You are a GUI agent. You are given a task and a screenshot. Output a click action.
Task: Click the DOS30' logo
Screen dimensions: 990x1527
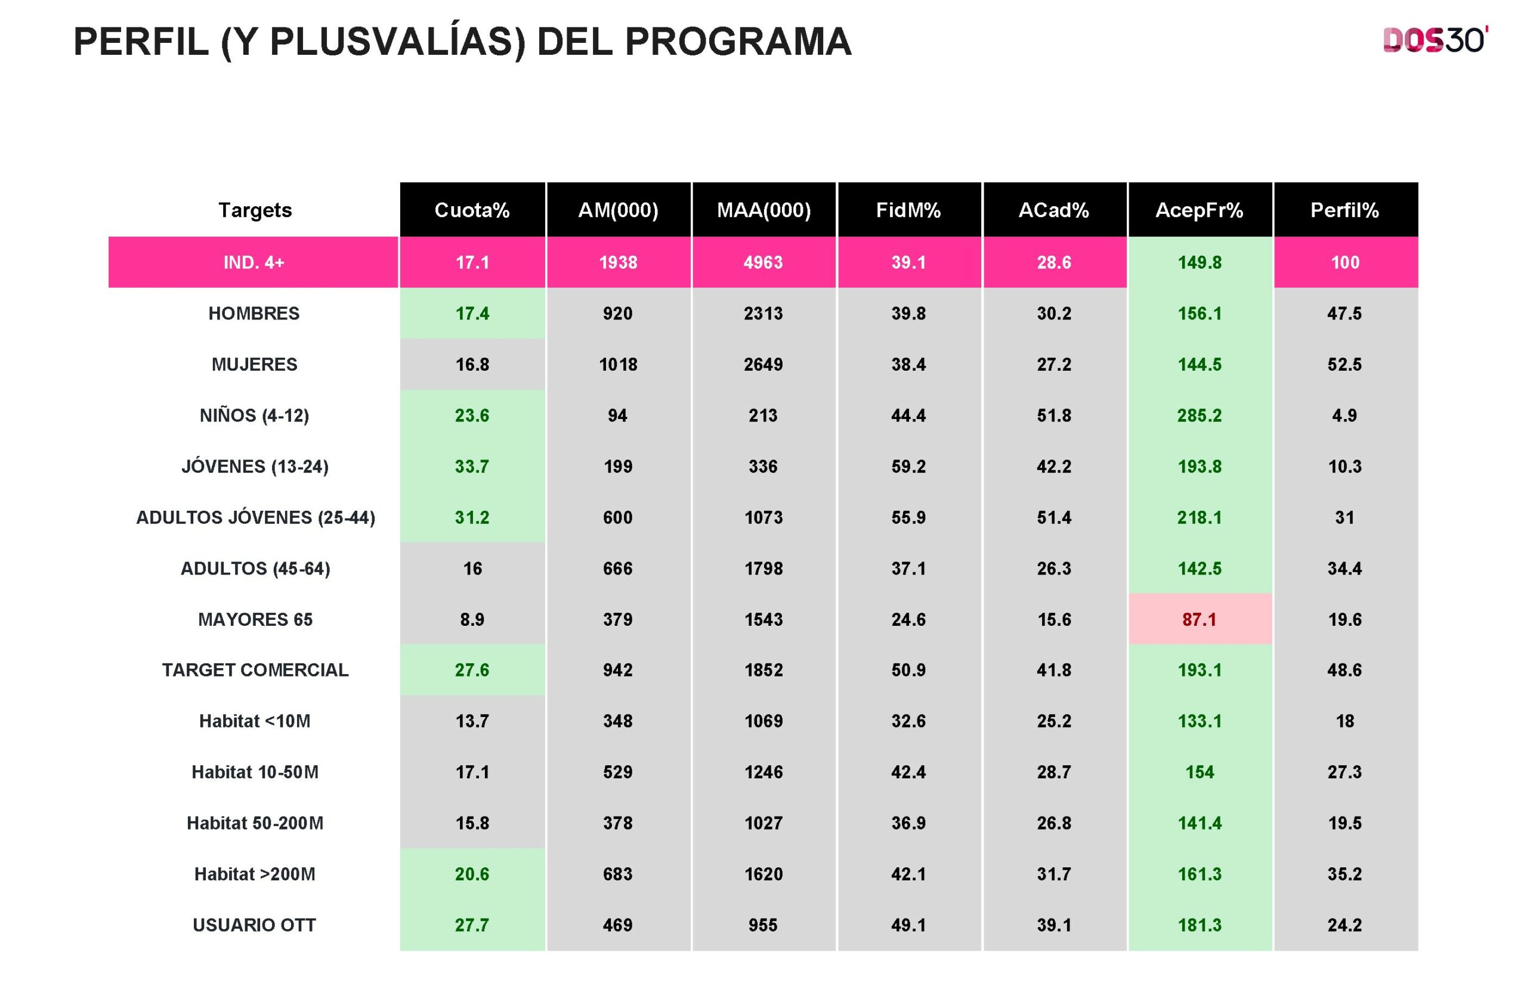(1435, 41)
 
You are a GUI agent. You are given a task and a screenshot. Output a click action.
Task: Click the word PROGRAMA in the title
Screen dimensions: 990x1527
(737, 42)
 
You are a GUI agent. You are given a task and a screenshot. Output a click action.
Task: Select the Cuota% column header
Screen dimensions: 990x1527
(472, 210)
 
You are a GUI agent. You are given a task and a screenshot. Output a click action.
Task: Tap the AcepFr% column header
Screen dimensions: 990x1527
(1199, 210)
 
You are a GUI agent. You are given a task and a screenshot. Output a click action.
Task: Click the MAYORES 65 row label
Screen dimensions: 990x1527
(255, 619)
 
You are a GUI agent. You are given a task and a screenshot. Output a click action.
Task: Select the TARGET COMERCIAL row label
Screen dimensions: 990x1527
(255, 670)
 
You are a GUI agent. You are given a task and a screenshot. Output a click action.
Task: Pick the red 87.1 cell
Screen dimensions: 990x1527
(1199, 619)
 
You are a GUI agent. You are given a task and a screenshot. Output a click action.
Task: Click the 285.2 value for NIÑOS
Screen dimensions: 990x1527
(1199, 415)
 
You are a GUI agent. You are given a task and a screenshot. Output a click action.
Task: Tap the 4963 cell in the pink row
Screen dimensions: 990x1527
(763, 262)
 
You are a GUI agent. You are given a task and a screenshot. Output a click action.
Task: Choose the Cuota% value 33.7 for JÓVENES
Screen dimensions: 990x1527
(472, 466)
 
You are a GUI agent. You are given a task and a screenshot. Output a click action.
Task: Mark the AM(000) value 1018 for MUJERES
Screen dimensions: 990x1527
(618, 364)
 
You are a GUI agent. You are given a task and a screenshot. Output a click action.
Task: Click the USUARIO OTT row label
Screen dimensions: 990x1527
(254, 924)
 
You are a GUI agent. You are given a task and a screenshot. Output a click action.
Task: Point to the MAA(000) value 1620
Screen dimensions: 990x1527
(763, 874)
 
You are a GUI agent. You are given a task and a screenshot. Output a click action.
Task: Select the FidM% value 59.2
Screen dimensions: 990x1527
(908, 466)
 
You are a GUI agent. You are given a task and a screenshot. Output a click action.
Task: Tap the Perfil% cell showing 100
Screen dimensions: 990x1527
(1345, 262)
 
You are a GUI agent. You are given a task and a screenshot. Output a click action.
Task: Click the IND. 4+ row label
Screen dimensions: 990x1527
(254, 262)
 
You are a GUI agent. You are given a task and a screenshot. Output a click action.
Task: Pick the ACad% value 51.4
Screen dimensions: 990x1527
(1053, 517)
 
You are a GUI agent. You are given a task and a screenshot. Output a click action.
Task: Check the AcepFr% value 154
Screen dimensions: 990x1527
(1199, 772)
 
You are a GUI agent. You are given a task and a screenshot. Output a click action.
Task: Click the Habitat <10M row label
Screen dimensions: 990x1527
(254, 721)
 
